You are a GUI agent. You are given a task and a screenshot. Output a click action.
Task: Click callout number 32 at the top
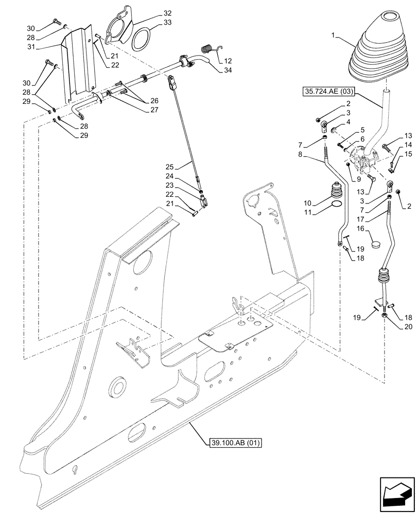click(x=168, y=13)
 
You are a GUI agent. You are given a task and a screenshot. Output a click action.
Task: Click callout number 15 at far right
click(x=408, y=154)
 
